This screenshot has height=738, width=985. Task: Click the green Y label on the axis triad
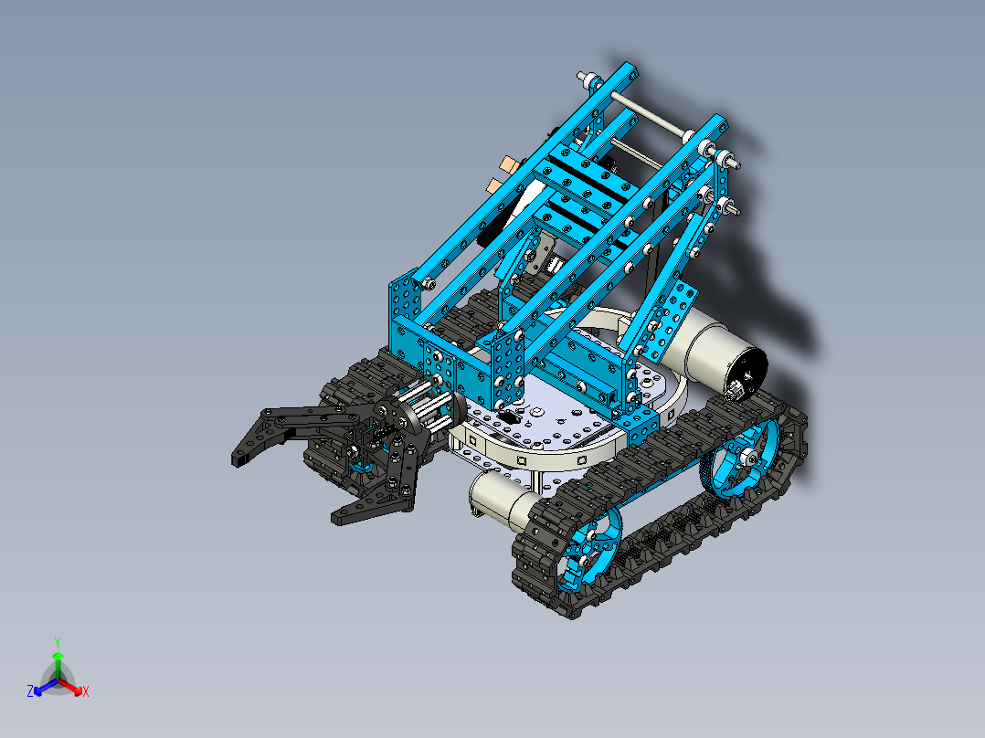click(58, 642)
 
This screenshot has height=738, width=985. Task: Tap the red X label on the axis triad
click(86, 691)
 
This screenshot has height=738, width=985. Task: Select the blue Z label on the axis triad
click(30, 691)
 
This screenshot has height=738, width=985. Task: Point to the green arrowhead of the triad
click(58, 656)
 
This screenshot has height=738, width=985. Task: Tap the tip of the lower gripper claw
click(335, 519)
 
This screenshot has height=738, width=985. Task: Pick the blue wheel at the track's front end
click(589, 550)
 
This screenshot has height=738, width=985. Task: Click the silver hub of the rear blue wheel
click(747, 458)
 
